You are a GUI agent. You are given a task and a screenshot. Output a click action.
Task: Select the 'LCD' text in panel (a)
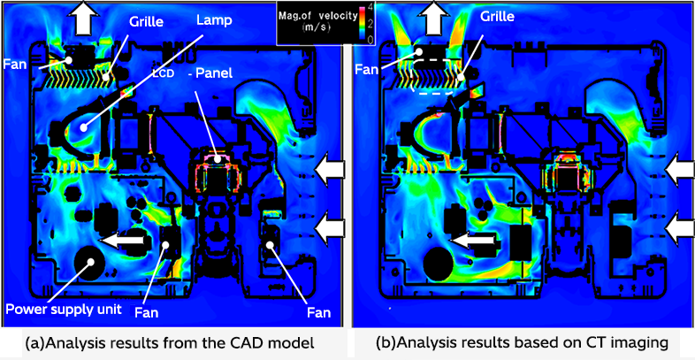tap(164, 72)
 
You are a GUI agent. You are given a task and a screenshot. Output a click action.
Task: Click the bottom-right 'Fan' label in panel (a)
tap(317, 312)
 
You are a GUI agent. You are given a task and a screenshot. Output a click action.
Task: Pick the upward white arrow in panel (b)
tap(435, 16)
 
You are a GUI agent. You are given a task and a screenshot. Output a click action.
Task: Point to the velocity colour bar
tap(360, 22)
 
